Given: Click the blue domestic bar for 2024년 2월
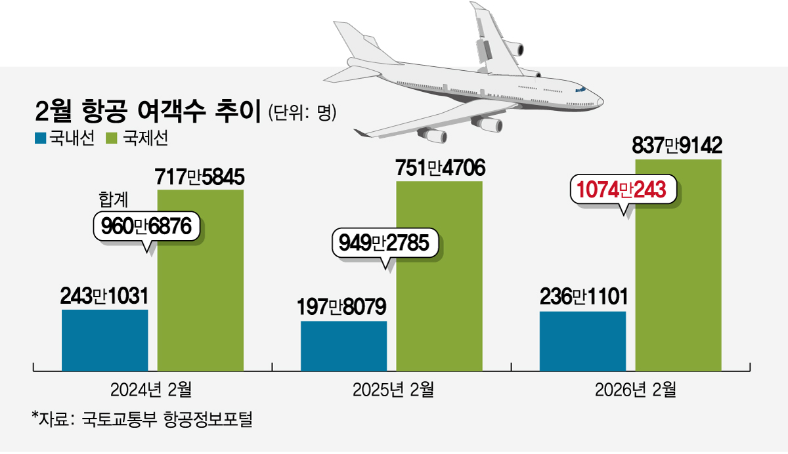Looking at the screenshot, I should pyautogui.click(x=104, y=340).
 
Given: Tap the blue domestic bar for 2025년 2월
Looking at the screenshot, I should pyautogui.click(x=343, y=346).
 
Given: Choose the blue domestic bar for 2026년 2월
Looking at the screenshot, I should pyautogui.click(x=582, y=341).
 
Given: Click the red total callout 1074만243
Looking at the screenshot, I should pyautogui.click(x=622, y=190).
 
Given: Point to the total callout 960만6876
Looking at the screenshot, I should pyautogui.click(x=146, y=226).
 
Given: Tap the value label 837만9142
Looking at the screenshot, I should pyautogui.click(x=677, y=144).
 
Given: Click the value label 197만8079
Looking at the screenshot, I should pyautogui.click(x=343, y=306).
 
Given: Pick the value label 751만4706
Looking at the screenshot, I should pyautogui.click(x=440, y=168).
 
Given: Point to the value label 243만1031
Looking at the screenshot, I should pyautogui.click(x=104, y=295).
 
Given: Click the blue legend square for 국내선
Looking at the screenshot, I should pyautogui.click(x=39, y=138).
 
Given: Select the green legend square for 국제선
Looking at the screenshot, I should pyautogui.click(x=110, y=138).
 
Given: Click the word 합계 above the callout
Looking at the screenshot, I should pyautogui.click(x=114, y=199).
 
